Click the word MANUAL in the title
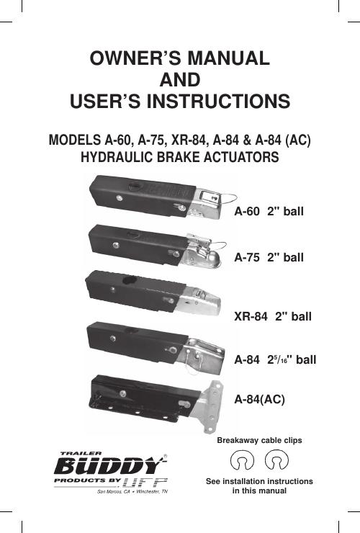[229, 58]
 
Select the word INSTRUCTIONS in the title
[218, 101]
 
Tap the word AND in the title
[180, 79]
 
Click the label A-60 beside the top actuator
[246, 211]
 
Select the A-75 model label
[246, 257]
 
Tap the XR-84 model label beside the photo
[251, 316]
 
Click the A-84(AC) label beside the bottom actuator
[259, 399]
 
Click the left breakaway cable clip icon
[242, 460]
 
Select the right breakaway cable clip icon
[276, 460]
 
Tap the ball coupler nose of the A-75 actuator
[211, 257]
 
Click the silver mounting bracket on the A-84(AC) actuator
[208, 407]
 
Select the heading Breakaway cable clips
[259, 440]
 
